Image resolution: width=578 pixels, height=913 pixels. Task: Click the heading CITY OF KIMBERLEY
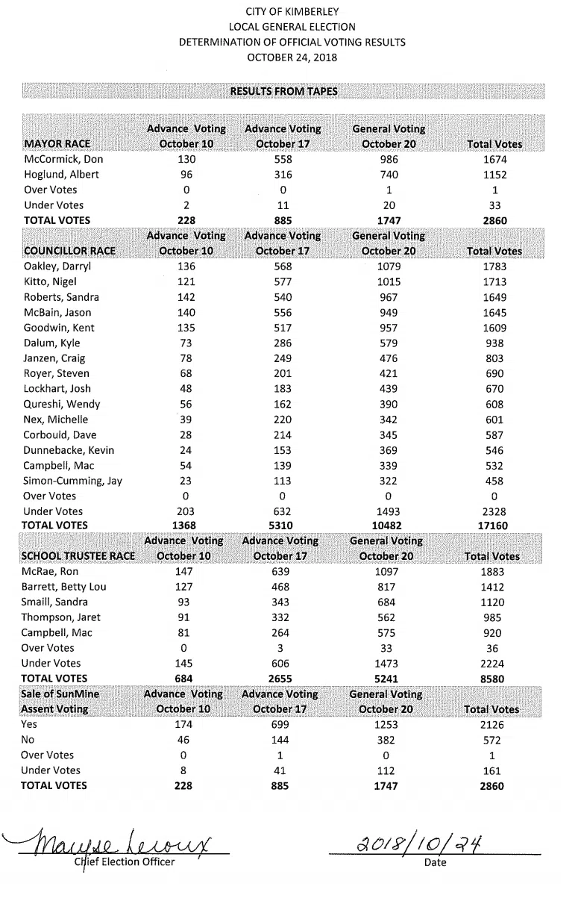(x=292, y=11)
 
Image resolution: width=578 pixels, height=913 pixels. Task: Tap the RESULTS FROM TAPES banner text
(x=283, y=91)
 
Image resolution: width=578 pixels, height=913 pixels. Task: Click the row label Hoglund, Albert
(x=61, y=175)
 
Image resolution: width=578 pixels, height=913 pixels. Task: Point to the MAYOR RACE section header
(x=58, y=144)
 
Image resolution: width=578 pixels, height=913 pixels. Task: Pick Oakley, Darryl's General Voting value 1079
(x=389, y=267)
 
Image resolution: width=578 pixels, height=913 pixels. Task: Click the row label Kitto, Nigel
(x=51, y=282)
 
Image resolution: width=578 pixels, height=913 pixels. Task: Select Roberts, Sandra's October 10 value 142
(x=186, y=297)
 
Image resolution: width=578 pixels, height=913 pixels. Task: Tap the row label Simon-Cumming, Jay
(x=72, y=481)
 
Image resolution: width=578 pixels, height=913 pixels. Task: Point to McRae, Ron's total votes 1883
(x=493, y=572)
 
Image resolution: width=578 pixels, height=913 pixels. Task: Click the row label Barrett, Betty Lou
(x=64, y=587)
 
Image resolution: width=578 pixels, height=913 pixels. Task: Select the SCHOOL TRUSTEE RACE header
(x=78, y=556)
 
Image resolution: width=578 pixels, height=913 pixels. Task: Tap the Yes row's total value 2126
(x=493, y=725)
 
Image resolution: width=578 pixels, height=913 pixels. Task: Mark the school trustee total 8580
(x=493, y=679)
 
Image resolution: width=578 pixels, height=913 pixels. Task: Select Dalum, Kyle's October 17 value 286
(x=283, y=343)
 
